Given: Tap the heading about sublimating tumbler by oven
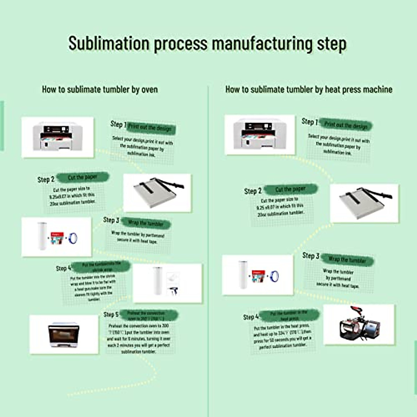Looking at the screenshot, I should (x=100, y=89).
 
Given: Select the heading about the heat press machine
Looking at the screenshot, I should (x=309, y=89).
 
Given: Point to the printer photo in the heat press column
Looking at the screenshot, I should (x=260, y=134).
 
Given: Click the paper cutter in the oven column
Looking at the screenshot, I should (x=157, y=192).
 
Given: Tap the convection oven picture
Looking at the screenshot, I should (x=64, y=335).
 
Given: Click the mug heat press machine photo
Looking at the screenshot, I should (x=359, y=324).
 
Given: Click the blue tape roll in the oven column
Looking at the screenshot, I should (x=73, y=238).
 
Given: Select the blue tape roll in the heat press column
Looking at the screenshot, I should (x=275, y=276).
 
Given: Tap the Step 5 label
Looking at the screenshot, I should (x=111, y=314).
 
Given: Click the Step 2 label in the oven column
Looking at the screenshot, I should (x=46, y=179).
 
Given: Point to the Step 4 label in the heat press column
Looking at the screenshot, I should (x=251, y=317).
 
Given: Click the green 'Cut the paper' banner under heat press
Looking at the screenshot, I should (x=290, y=189).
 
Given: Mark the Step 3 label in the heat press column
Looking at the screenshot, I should (x=311, y=256).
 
